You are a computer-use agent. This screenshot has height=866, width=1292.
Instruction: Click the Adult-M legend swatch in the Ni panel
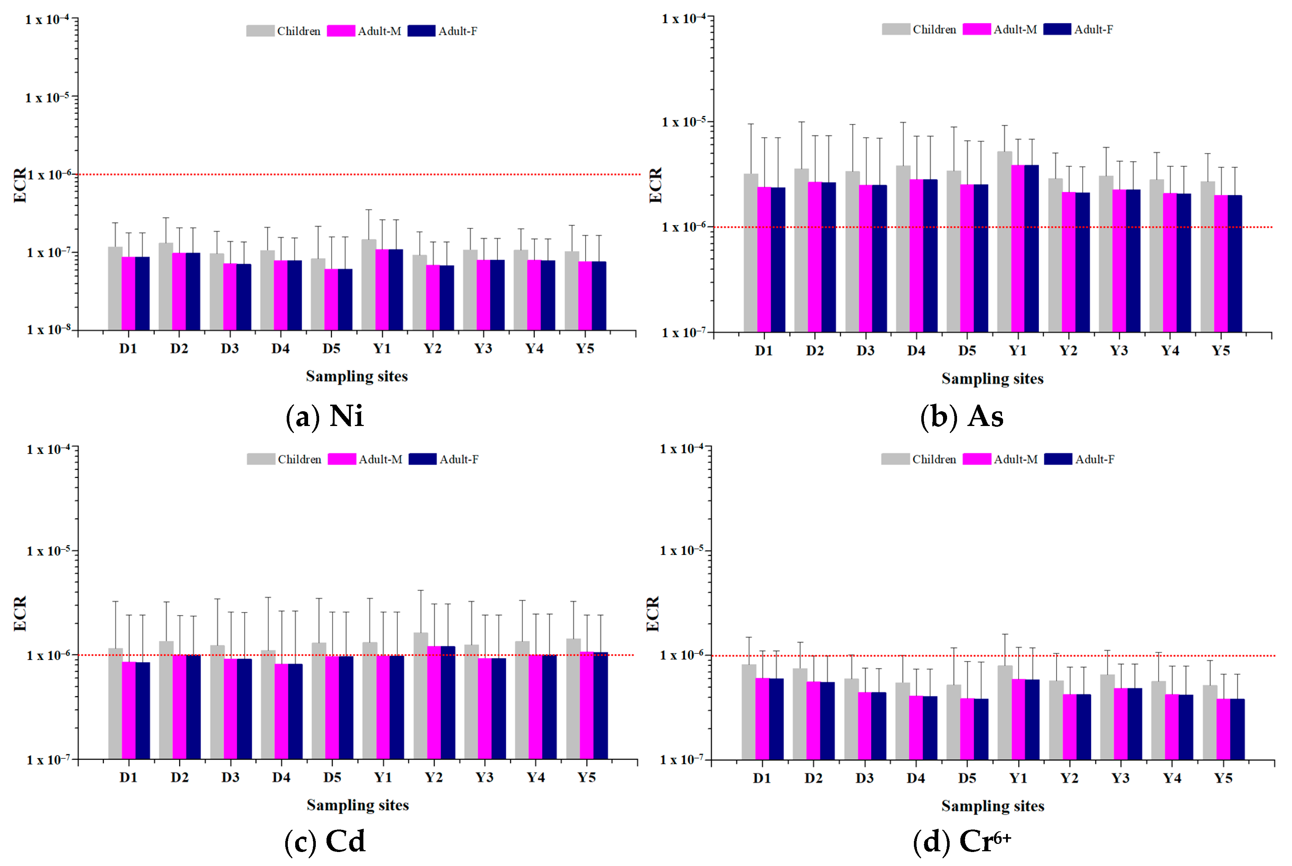tap(341, 31)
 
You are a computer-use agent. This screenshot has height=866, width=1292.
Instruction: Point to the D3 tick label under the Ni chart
tap(230, 349)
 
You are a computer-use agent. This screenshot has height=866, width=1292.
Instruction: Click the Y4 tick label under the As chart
tap(1169, 351)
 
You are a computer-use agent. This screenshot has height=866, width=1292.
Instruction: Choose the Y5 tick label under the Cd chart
tap(586, 777)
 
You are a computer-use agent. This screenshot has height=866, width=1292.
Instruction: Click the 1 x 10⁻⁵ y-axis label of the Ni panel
tap(48, 98)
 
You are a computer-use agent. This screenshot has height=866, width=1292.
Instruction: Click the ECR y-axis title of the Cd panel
tap(20, 613)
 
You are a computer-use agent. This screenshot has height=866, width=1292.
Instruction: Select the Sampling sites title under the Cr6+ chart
tap(992, 806)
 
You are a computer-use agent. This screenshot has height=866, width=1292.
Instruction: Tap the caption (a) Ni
tap(325, 416)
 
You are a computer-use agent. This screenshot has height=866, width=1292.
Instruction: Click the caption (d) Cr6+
tap(962, 842)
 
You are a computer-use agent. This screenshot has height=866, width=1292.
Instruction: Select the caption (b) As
tap(961, 416)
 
